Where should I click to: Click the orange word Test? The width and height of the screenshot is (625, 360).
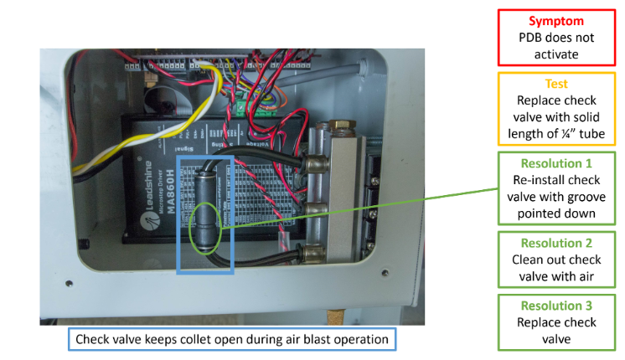(x=555, y=84)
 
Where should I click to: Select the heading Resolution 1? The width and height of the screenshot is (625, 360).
(x=555, y=163)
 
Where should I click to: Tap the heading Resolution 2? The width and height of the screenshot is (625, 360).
(x=555, y=242)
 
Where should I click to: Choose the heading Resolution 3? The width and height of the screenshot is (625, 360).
(x=555, y=306)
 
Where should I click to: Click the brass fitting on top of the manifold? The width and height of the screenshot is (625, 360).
(x=341, y=127)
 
